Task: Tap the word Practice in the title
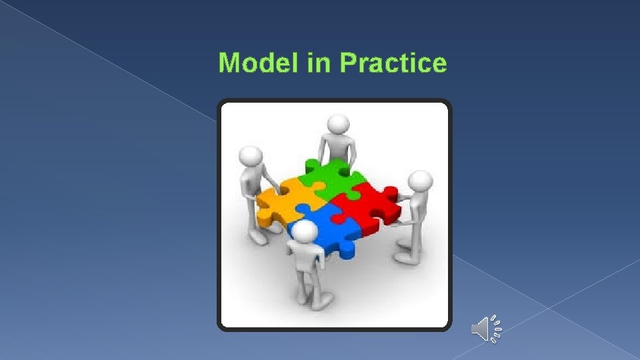pos(393,63)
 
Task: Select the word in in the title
pos(319,63)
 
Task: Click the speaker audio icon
pos(485,329)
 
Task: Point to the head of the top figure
pos(339,124)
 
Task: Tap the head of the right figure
pos(420,183)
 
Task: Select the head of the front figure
pos(305,233)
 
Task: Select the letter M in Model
pos(229,63)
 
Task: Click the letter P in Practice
pos(349,63)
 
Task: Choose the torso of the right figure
pos(415,210)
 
